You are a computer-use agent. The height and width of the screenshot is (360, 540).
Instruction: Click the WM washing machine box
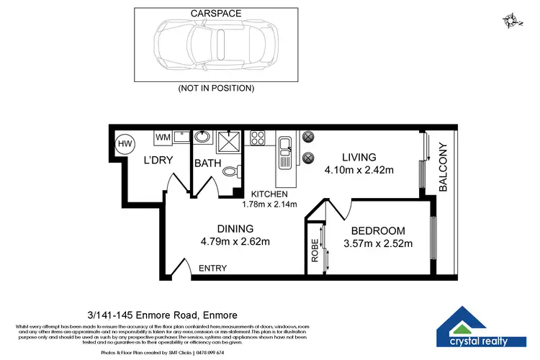click(163, 136)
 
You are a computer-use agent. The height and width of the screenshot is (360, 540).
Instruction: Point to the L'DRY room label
click(158, 160)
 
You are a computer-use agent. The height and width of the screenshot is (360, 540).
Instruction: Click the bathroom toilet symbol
click(230, 171)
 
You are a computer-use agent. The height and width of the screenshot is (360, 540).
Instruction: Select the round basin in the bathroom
click(203, 137)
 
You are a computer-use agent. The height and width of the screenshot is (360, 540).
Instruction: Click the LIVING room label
click(359, 157)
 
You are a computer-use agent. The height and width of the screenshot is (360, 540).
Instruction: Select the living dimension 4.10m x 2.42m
click(358, 170)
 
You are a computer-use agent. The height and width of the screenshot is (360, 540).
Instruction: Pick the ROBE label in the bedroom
click(314, 249)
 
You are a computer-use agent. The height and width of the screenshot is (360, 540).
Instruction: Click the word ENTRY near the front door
click(212, 269)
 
